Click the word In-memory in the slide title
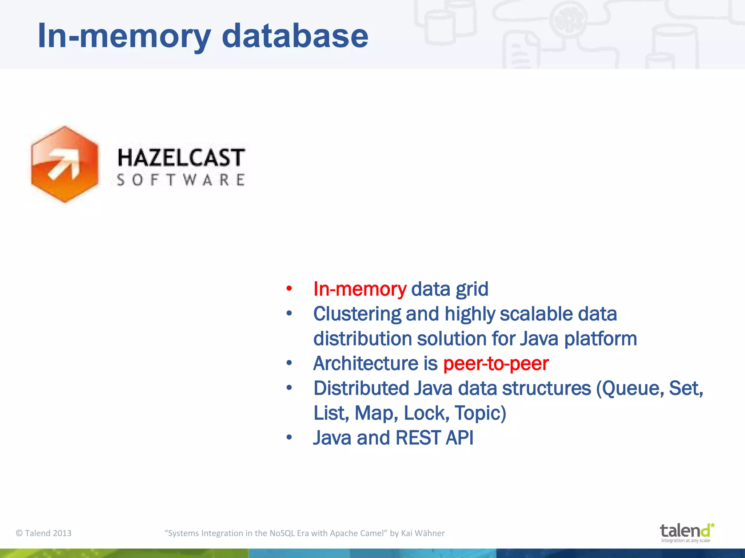point(124,36)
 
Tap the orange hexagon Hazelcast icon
point(65,164)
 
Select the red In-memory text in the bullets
point(359,289)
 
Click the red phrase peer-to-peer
point(495,364)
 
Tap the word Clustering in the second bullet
point(356,314)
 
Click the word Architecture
point(366,364)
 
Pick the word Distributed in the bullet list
point(361,388)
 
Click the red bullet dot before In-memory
point(289,289)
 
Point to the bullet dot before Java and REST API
point(289,437)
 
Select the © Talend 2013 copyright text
point(44,533)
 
